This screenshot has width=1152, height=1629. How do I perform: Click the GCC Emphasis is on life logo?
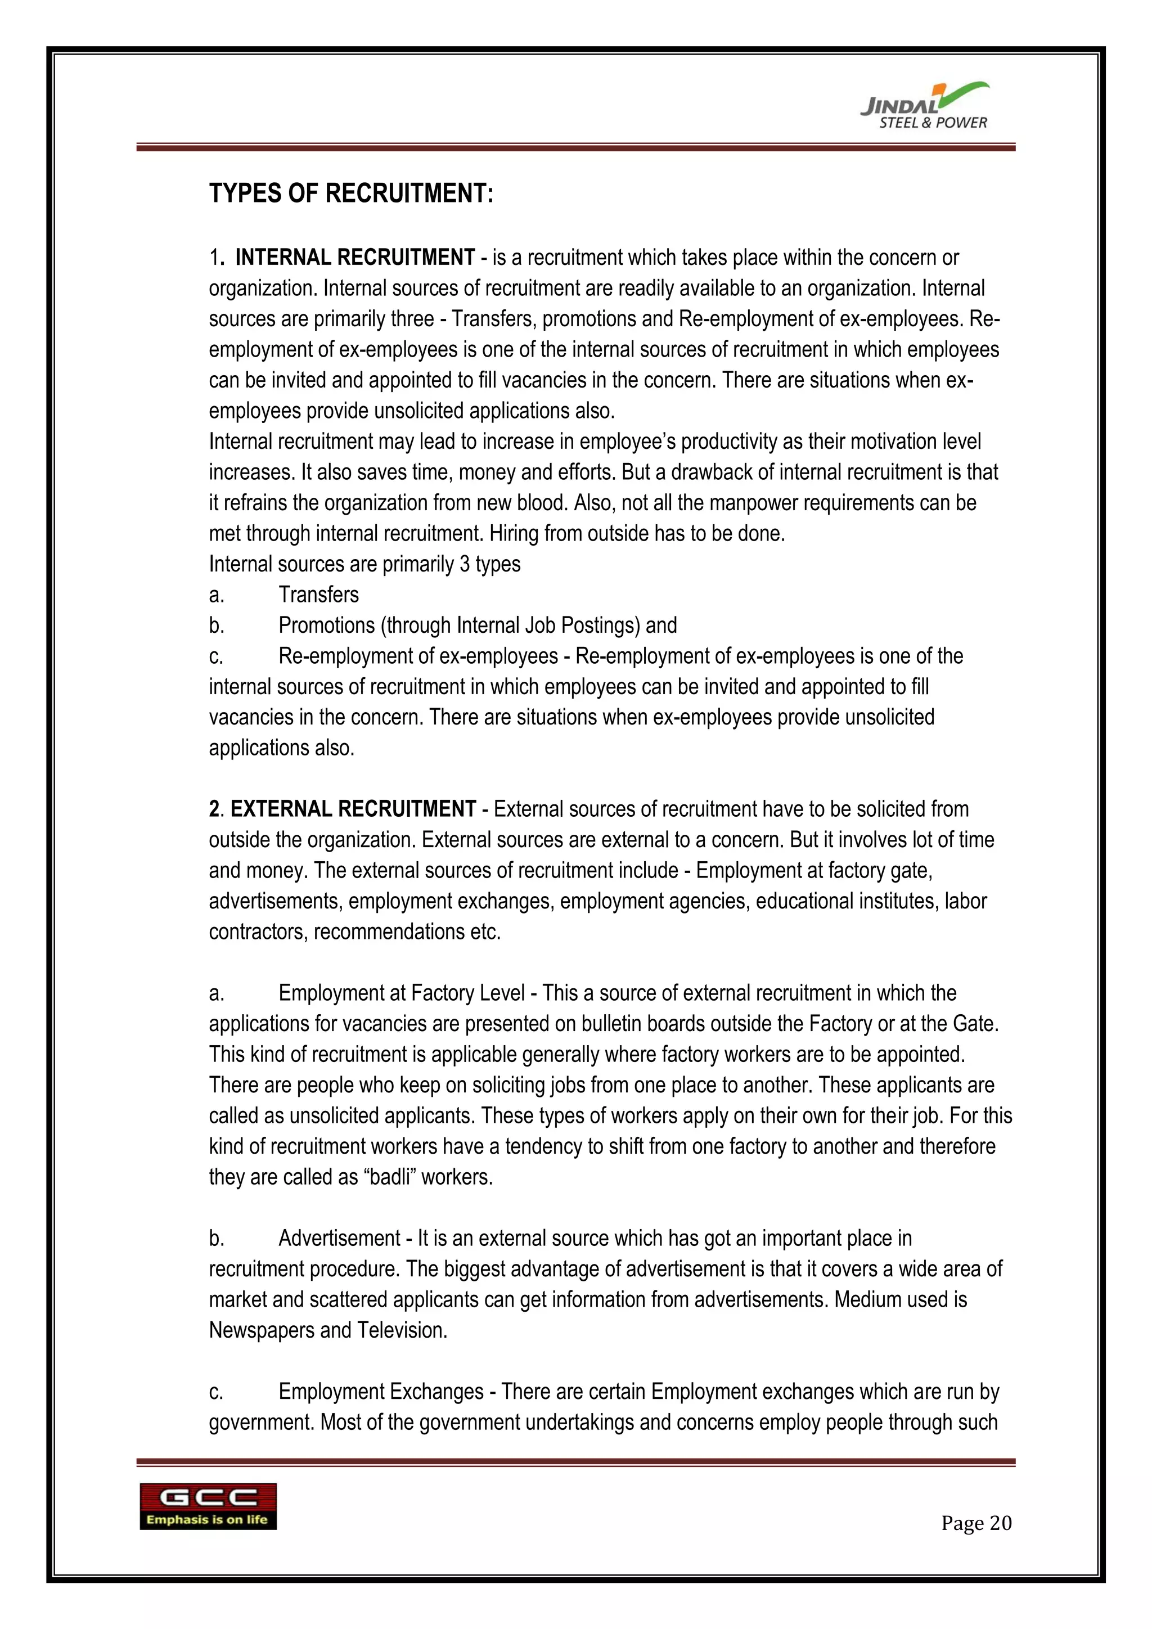(x=208, y=1506)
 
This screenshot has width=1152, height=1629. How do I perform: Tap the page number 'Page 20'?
(x=976, y=1523)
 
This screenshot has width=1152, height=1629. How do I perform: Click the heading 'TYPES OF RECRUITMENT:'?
(x=350, y=193)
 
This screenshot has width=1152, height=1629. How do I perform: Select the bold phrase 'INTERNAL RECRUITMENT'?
(x=355, y=258)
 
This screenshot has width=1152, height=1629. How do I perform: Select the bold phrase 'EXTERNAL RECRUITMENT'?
(x=353, y=809)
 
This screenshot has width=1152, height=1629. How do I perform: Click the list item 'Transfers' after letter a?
(x=318, y=595)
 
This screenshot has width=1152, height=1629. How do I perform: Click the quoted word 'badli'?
(x=389, y=1177)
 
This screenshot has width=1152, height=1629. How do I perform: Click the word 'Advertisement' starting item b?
(x=339, y=1238)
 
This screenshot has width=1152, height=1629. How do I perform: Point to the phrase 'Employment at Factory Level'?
(x=402, y=993)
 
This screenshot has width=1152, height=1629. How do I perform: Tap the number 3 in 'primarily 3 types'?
(x=465, y=564)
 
